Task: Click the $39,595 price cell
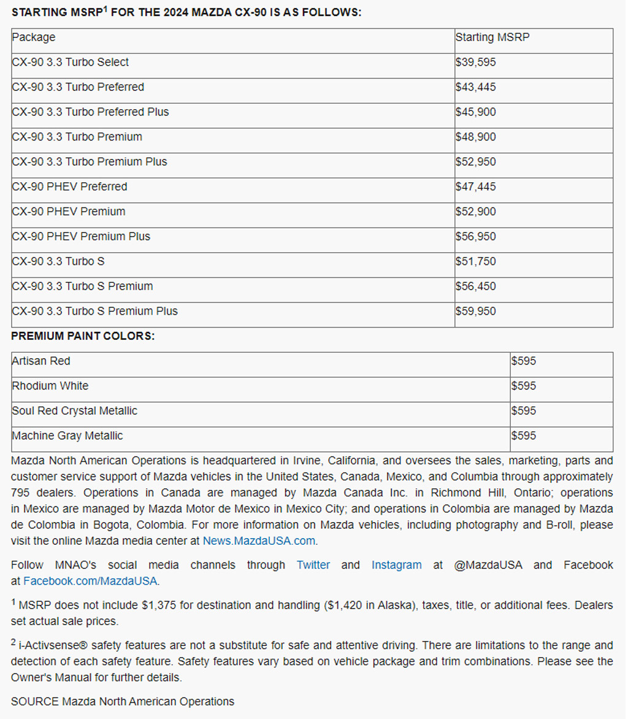(x=475, y=63)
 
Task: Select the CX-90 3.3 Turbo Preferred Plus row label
(x=90, y=112)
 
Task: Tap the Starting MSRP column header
(x=492, y=37)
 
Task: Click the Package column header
(x=33, y=37)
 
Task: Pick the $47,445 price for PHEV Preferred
(x=475, y=187)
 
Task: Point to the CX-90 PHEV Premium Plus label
(x=81, y=237)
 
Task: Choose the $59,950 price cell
(x=475, y=312)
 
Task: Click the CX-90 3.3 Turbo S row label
(x=58, y=262)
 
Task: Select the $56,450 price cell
(x=475, y=286)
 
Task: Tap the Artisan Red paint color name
(x=40, y=361)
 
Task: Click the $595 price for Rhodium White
(x=523, y=386)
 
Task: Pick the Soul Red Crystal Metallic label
(x=74, y=411)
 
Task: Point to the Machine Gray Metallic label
(x=67, y=436)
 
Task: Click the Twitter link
(x=313, y=565)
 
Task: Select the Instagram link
(x=396, y=565)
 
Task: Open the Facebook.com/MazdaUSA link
(x=90, y=580)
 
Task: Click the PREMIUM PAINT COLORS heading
(x=83, y=336)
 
